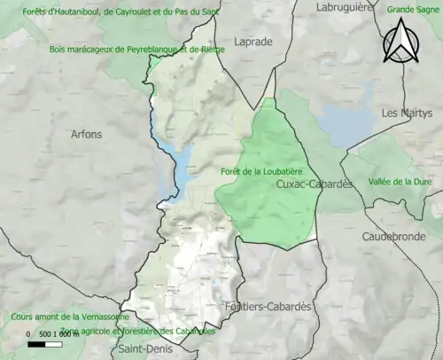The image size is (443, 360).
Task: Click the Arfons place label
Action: [x=86, y=134]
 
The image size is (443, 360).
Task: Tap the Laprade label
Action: [x=254, y=41]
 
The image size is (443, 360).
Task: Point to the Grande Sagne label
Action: [x=414, y=10]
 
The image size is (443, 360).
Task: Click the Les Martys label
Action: [x=401, y=113]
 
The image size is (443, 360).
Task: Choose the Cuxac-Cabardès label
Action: [x=314, y=184]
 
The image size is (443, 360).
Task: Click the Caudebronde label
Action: [x=394, y=237]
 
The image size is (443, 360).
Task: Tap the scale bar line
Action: [x=55, y=342]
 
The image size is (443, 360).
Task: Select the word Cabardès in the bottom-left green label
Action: [x=190, y=331]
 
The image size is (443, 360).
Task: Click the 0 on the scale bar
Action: [x=28, y=334]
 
